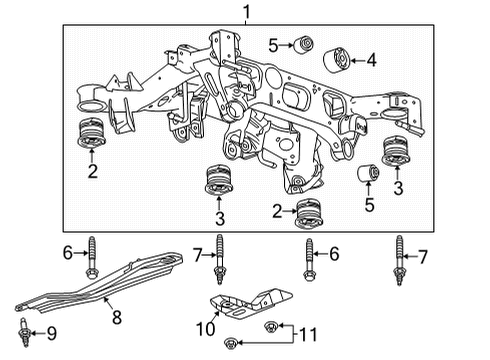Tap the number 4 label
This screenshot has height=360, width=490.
pyautogui.click(x=372, y=61)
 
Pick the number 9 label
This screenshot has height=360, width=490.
pyautogui.click(x=53, y=334)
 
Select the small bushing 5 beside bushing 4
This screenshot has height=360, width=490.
pyautogui.click(x=306, y=44)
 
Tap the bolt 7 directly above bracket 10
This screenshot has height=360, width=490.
pyautogui.click(x=217, y=263)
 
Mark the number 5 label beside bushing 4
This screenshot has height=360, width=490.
pyautogui.click(x=273, y=44)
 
